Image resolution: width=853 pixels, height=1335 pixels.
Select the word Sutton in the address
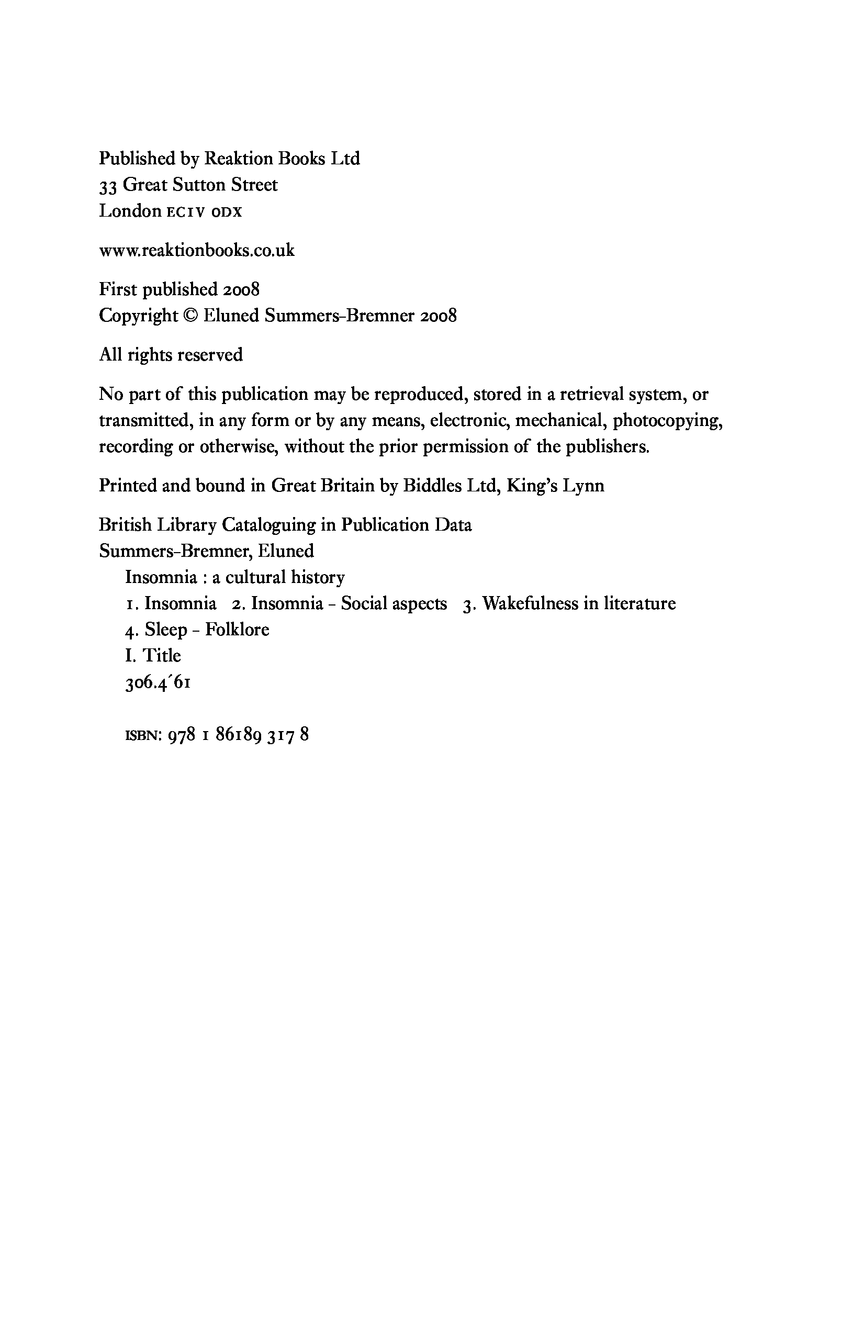198,185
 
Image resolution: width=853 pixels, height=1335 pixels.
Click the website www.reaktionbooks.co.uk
197,251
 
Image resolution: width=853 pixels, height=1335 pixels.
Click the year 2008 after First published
241,289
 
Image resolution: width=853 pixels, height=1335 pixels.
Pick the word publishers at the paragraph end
607,447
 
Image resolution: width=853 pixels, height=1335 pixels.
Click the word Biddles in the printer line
432,486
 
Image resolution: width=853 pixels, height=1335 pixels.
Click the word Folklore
237,630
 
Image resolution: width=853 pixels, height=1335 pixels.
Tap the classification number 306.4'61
159,683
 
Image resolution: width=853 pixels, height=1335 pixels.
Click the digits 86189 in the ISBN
238,736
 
